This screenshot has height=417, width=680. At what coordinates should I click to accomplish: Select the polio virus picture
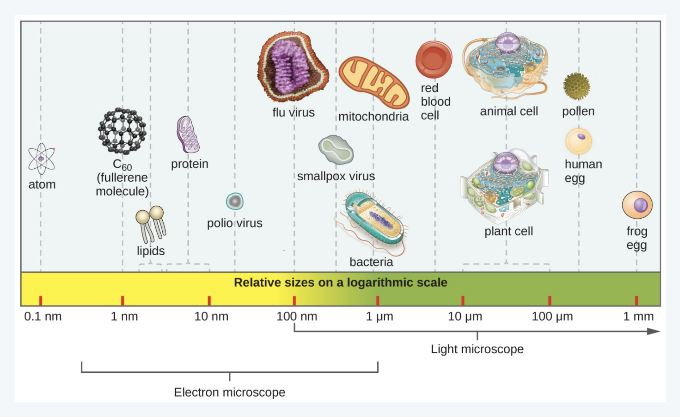click(234, 201)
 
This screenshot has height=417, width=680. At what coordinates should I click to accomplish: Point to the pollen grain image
click(577, 86)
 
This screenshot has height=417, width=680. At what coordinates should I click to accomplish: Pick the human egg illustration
click(579, 141)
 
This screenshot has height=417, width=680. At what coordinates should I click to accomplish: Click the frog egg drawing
click(637, 205)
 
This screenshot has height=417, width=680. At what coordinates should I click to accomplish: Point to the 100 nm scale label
click(297, 316)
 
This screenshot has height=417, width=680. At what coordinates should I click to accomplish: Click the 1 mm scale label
click(638, 316)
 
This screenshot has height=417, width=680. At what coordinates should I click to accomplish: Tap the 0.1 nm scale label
click(43, 316)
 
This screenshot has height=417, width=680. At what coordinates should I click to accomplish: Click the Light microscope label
click(477, 349)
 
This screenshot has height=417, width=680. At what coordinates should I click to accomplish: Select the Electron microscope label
click(230, 392)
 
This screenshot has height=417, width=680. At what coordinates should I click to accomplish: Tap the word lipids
click(151, 251)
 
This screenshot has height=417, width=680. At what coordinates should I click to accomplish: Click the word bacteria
click(371, 262)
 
